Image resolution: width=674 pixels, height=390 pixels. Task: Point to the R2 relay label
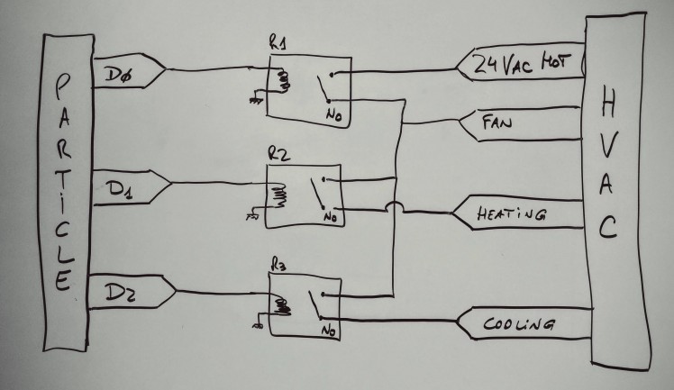(279, 153)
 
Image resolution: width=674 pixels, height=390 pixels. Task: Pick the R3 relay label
(278, 266)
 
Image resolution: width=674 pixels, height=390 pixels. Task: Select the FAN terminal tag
(498, 123)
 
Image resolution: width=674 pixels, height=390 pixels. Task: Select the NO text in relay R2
(330, 217)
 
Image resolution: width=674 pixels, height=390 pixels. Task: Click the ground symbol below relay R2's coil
(252, 217)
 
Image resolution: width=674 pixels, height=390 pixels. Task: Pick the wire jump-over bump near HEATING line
(396, 208)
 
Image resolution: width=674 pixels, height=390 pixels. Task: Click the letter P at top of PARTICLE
(61, 86)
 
